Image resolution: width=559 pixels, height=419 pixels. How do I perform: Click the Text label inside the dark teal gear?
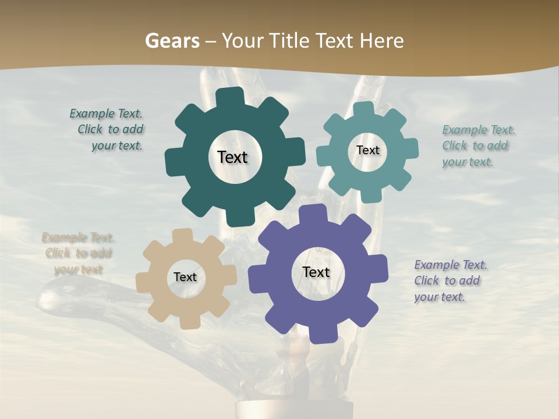tap(232, 157)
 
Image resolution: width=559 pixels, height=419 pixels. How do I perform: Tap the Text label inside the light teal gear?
tap(367, 150)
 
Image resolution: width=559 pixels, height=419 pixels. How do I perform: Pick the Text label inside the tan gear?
tap(185, 278)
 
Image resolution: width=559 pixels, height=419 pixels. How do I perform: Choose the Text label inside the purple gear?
tap(316, 272)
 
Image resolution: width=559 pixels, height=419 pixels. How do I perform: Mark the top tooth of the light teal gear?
tap(363, 109)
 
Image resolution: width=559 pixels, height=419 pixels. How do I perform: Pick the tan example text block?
tap(78, 254)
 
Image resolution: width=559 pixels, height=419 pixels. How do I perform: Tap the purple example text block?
tap(450, 280)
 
